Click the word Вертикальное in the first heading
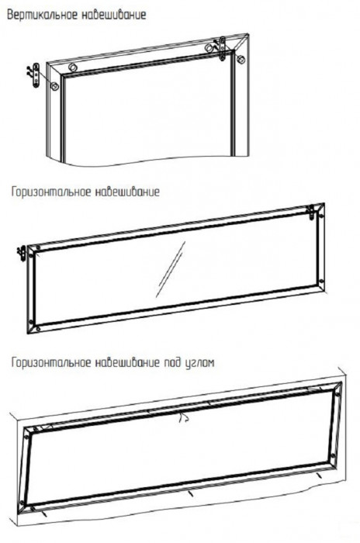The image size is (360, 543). click(43, 16)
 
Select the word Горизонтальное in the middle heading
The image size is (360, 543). click(51, 192)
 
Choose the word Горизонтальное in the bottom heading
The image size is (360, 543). click(51, 362)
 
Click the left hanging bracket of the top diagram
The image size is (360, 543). click(36, 75)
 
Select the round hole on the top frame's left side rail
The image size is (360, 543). click(54, 86)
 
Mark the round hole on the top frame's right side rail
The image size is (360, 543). click(241, 59)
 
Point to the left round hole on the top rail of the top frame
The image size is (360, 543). click(72, 67)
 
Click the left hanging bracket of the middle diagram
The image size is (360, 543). click(22, 253)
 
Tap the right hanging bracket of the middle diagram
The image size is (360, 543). click(312, 212)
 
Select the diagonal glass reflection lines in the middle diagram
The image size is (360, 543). click(170, 269)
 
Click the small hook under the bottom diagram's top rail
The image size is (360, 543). click(183, 418)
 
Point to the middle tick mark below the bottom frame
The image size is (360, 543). click(190, 493)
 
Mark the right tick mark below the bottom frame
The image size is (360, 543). click(319, 475)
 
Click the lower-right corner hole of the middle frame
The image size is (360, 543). click(321, 281)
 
